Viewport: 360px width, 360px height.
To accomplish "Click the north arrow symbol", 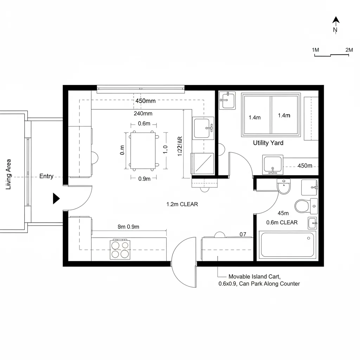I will point(336,21).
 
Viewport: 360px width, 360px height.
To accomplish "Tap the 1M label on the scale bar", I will point(315,50).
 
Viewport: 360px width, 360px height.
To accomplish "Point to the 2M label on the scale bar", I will point(349,50).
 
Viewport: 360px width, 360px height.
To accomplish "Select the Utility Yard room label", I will point(268,143).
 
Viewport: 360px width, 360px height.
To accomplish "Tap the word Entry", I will point(46,176).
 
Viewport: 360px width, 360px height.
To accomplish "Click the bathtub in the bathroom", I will point(287,244).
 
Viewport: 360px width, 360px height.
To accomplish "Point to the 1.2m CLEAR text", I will point(182,204).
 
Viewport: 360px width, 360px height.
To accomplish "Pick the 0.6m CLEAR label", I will point(282,222).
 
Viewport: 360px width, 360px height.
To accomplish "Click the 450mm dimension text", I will point(145,101).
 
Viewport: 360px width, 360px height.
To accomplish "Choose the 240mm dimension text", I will point(143,114).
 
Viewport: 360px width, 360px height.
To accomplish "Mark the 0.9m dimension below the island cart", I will point(144,179).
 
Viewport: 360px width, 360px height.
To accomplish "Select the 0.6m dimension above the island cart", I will point(144,123).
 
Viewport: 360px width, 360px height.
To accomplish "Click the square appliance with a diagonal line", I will point(202,163).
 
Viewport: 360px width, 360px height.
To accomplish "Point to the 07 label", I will point(243,234).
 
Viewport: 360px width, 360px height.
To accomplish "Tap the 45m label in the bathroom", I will point(283,213).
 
